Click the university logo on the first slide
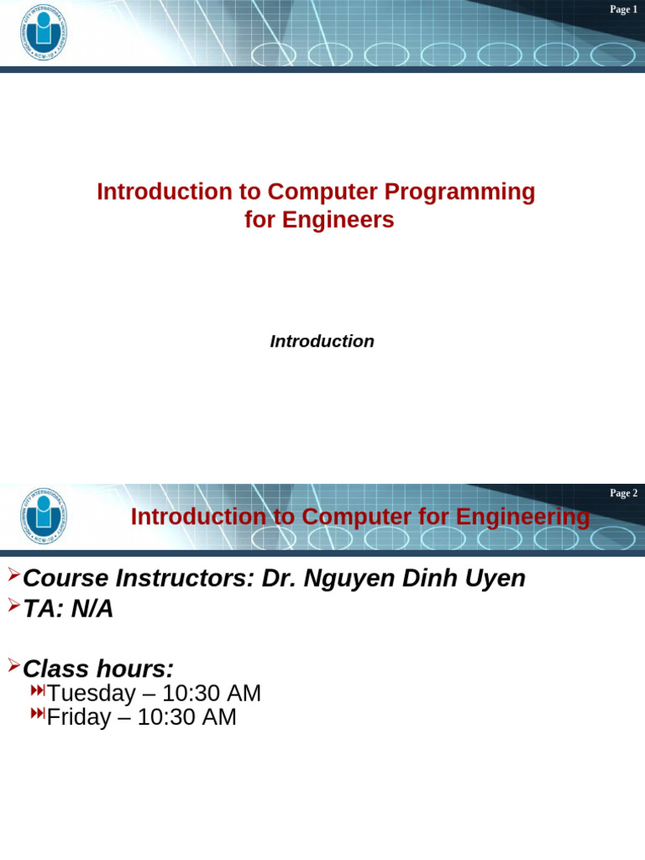45,33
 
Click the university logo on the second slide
45,516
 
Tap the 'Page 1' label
623,9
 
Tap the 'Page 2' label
623,493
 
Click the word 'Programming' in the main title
459,191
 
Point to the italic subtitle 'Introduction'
322,342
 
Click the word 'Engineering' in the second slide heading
523,517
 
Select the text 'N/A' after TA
92,609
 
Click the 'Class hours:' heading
98,669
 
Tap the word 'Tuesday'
91,694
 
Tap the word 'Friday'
78,717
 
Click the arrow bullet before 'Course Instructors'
13,575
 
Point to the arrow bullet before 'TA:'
13,606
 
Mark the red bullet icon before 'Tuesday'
38,690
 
